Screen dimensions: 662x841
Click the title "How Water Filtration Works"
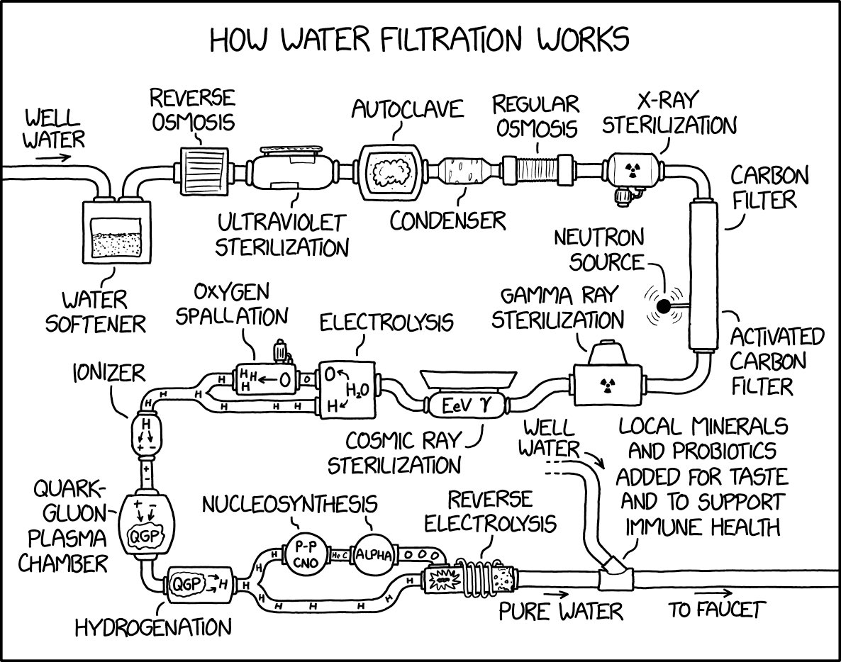click(x=419, y=40)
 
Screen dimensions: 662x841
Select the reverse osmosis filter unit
click(x=203, y=171)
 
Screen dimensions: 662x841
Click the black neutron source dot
click(x=663, y=306)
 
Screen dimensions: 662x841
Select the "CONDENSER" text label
click(x=448, y=220)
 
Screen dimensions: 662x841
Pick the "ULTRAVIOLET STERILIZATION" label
click(x=282, y=235)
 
